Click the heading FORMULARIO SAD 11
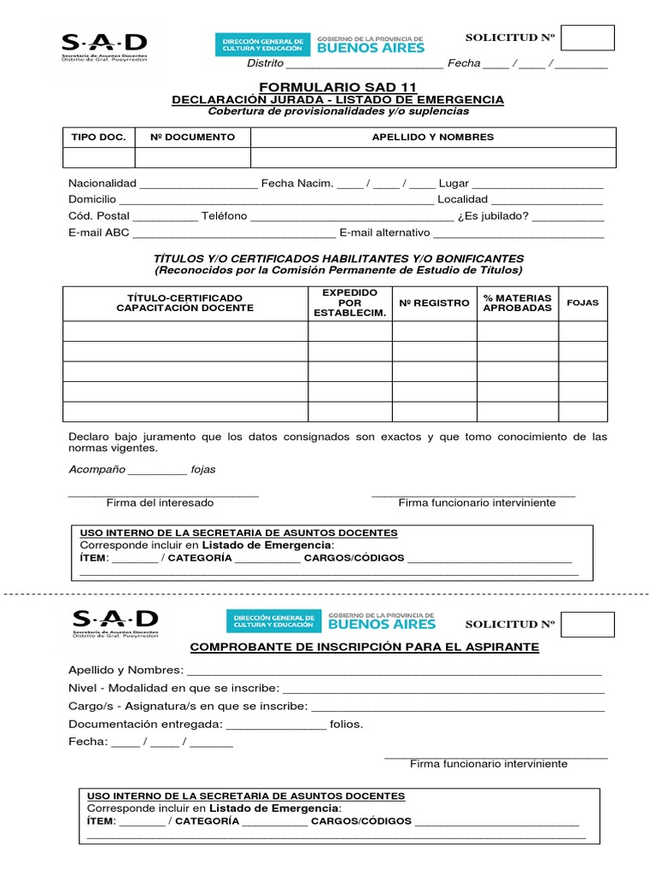338,87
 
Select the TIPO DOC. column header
97,137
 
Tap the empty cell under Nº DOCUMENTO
192,157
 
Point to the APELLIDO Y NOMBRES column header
432,137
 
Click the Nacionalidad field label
102,184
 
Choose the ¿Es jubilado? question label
493,216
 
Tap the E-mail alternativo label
384,232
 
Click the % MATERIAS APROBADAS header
518,302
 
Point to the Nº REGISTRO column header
434,302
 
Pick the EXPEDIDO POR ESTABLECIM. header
349,302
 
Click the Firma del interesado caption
160,502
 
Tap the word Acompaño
97,469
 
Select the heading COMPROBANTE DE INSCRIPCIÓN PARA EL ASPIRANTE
364,647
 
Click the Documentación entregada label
145,724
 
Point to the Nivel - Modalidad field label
173,688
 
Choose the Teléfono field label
224,216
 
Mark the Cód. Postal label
98,216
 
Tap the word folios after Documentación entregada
346,724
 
